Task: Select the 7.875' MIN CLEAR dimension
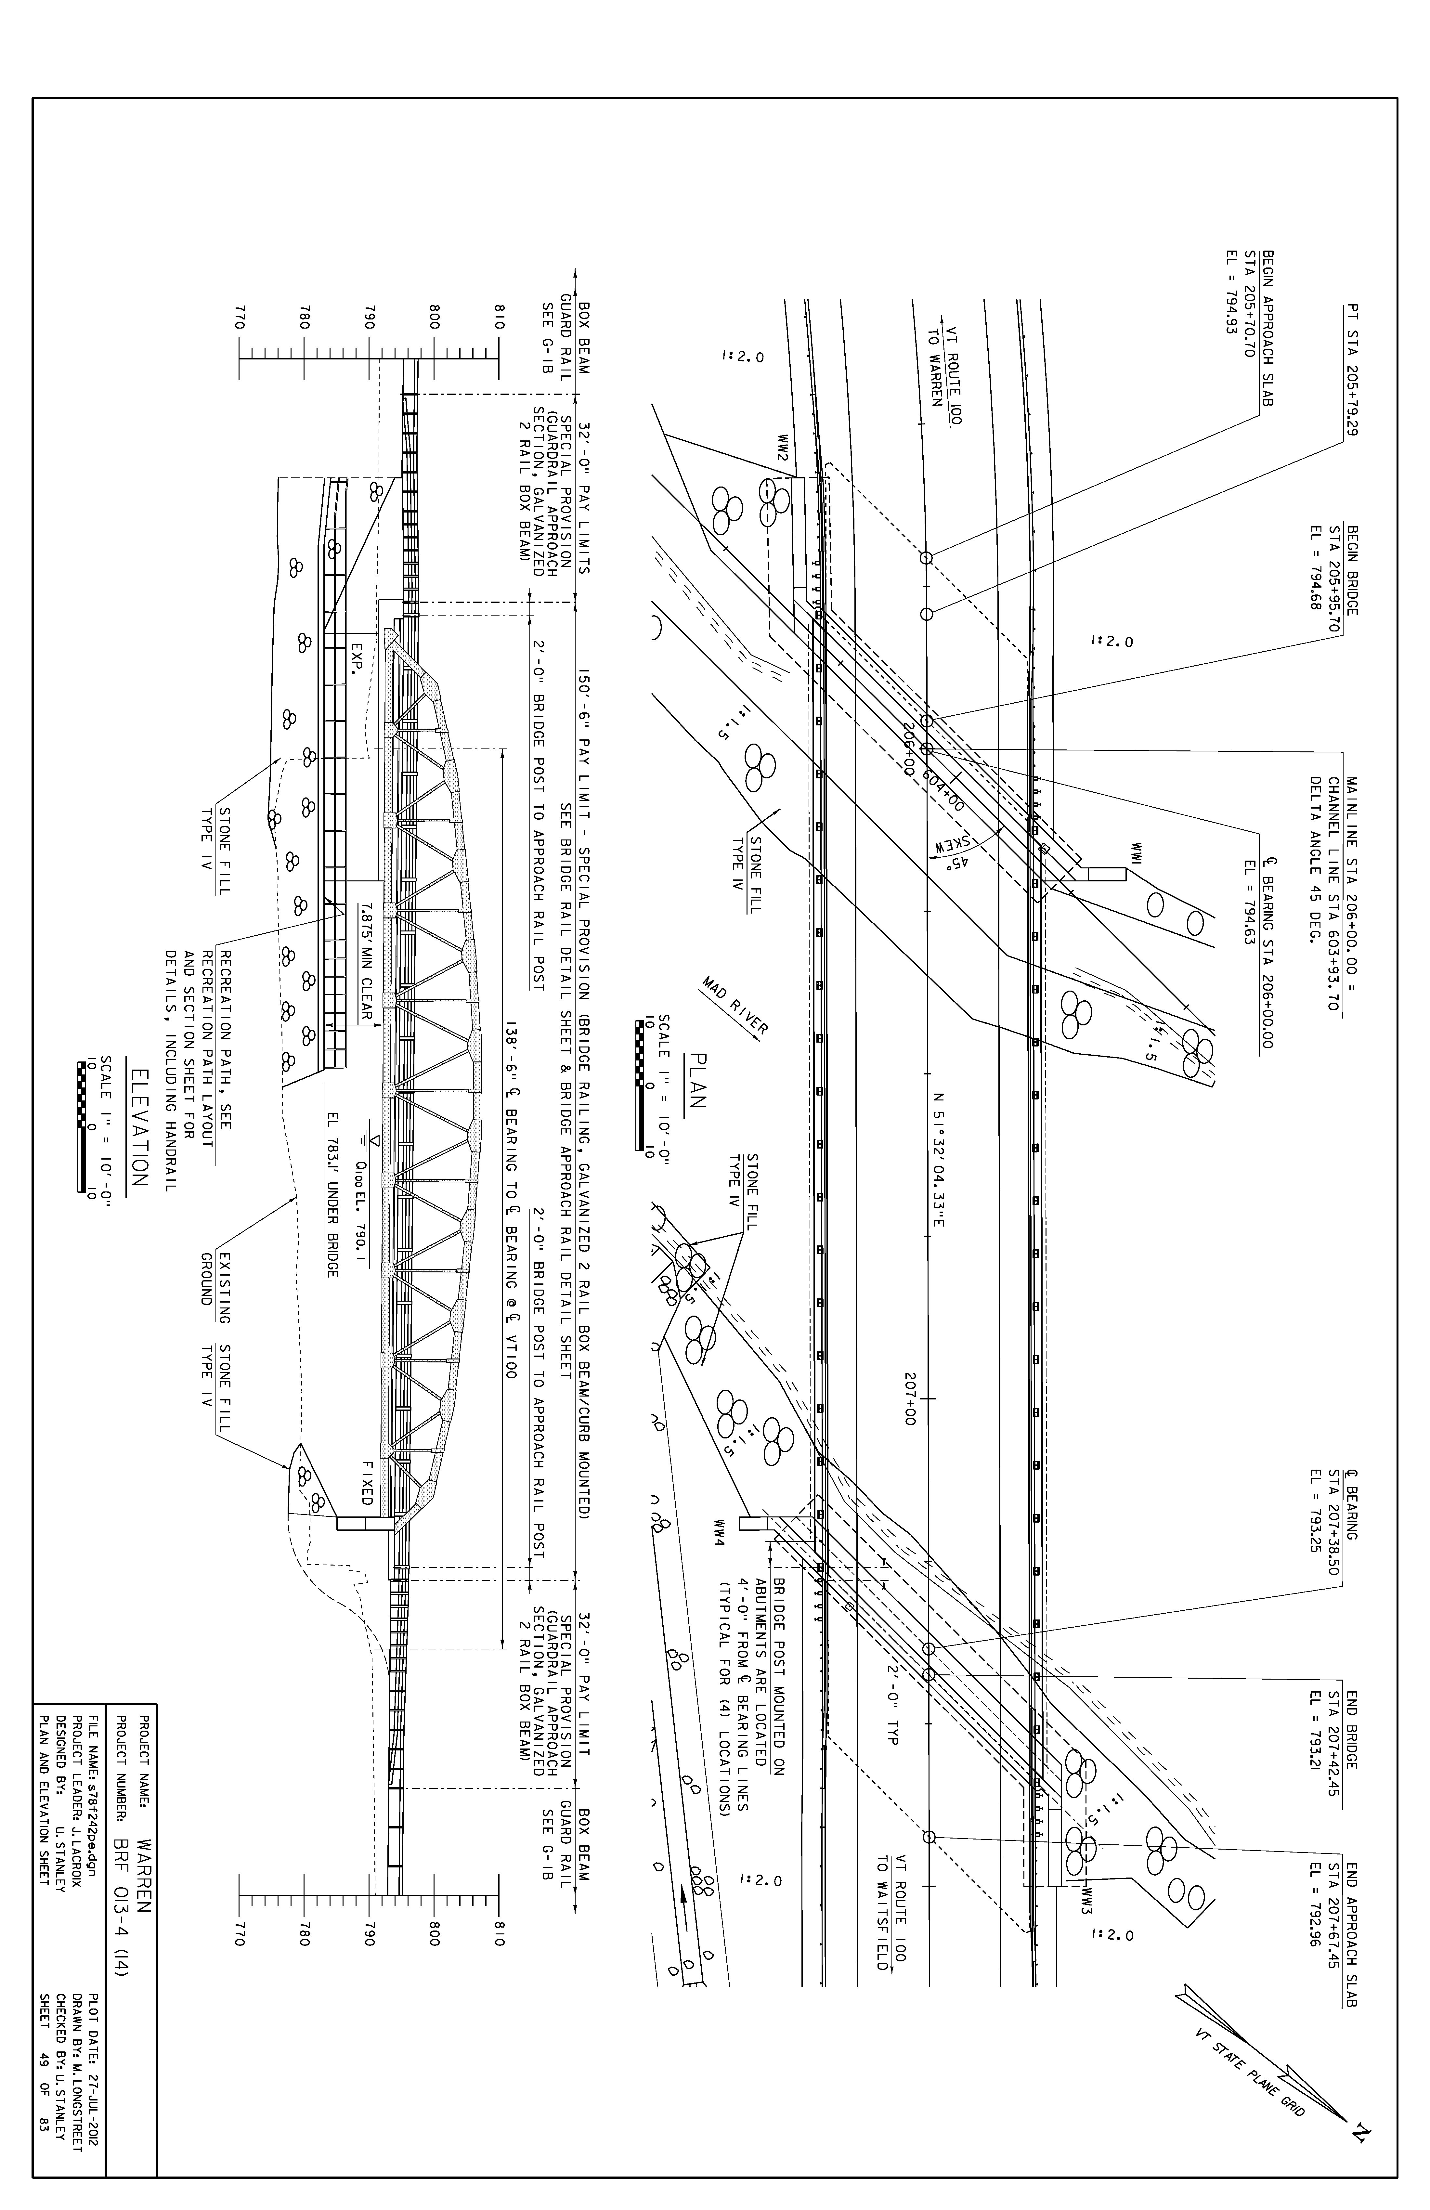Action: point(367,962)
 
